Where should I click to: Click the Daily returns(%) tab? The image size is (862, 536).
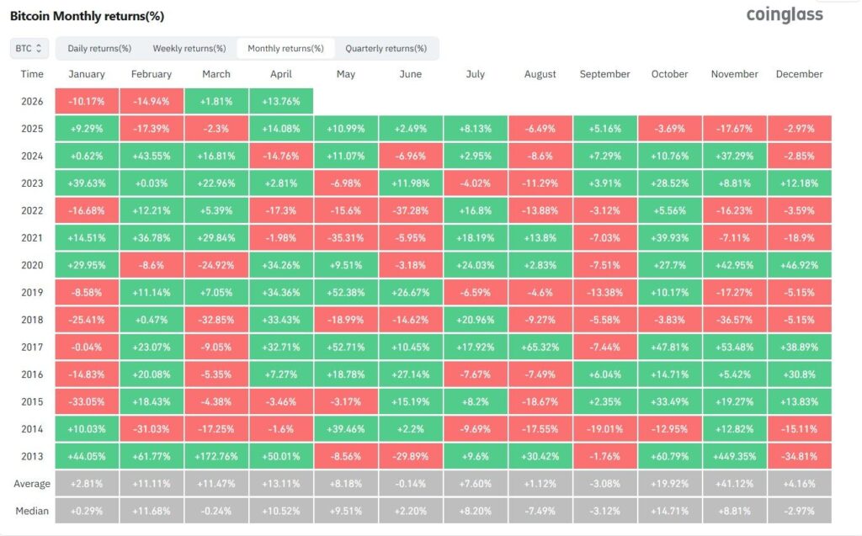click(99, 48)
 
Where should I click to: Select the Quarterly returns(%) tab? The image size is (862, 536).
click(386, 48)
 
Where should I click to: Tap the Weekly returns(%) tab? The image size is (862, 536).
click(189, 48)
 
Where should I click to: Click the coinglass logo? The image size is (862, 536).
click(785, 15)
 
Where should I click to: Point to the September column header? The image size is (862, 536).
click(604, 74)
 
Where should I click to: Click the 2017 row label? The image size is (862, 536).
click(32, 348)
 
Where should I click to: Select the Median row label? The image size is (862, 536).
click(32, 512)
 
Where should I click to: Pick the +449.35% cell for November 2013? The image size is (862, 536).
click(734, 456)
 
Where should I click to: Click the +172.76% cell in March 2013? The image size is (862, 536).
click(216, 456)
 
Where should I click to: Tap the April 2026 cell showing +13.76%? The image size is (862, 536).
click(281, 102)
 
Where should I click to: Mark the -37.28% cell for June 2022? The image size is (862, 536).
click(411, 210)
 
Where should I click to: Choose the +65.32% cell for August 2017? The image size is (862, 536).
click(540, 348)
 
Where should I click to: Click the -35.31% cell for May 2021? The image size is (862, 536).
click(346, 238)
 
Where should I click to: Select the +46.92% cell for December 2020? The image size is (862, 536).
click(800, 266)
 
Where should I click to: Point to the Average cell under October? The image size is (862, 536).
click(669, 484)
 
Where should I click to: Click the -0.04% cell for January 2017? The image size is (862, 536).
click(87, 348)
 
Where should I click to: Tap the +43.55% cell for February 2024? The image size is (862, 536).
click(152, 157)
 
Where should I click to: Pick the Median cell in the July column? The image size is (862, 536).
click(476, 512)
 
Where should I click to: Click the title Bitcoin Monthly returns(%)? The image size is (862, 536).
click(87, 16)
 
